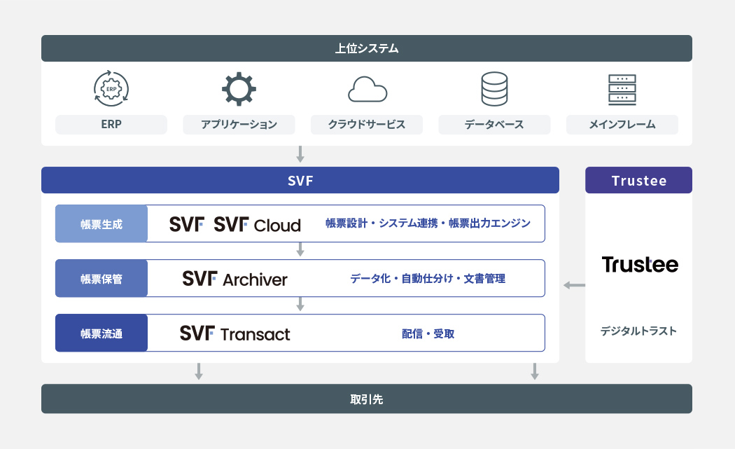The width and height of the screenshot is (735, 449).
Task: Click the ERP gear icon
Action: tap(111, 89)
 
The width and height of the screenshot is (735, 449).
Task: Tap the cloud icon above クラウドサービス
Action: tap(367, 90)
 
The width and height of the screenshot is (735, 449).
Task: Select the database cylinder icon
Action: tap(494, 90)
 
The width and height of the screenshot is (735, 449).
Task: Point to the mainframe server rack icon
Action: tap(622, 90)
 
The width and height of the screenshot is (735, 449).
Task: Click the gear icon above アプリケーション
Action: tap(239, 89)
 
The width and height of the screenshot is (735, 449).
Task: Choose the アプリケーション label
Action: tap(239, 125)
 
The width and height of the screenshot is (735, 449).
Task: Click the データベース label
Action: tap(494, 125)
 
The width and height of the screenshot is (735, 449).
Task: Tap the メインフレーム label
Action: tap(622, 125)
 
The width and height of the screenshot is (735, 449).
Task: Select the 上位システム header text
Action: tap(367, 48)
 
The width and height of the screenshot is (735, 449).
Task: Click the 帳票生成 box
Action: tap(101, 224)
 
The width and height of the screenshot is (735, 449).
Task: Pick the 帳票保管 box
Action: tap(101, 279)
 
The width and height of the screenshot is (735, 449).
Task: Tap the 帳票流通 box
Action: tap(101, 333)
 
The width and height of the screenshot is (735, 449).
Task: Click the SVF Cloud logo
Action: tap(257, 224)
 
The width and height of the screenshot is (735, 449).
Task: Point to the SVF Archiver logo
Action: tap(234, 279)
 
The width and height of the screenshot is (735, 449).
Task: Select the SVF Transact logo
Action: tap(234, 333)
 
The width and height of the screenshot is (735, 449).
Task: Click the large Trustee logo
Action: tap(639, 265)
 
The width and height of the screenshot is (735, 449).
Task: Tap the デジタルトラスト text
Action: tap(638, 331)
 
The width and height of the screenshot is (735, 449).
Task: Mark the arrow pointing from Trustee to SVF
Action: tap(574, 285)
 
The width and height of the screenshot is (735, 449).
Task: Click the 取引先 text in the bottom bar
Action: tap(367, 399)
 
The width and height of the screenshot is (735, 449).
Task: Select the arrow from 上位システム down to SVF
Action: tap(300, 154)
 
